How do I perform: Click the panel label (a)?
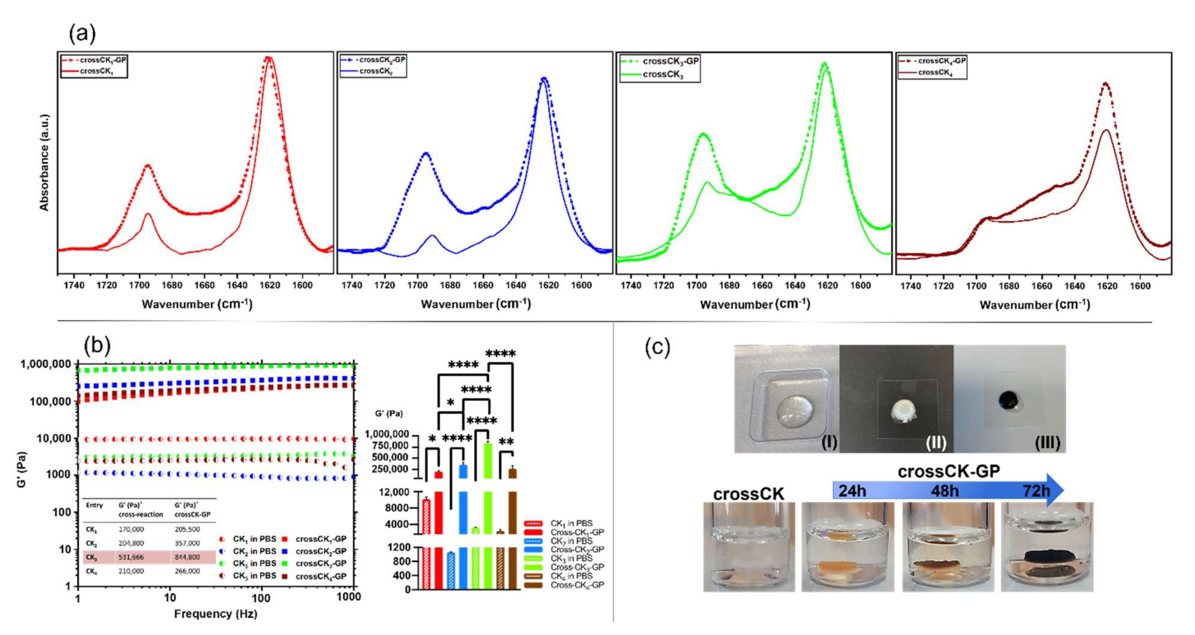82,33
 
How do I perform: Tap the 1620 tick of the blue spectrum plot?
548,285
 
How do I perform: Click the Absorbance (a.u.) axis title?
44,163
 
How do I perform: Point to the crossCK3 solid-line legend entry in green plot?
663,74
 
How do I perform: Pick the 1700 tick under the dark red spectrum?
976,286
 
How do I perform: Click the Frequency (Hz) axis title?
216,614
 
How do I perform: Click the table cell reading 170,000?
131,529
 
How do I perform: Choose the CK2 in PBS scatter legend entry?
254,551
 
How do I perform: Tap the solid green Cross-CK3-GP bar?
488,510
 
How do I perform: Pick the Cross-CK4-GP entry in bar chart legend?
577,585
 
